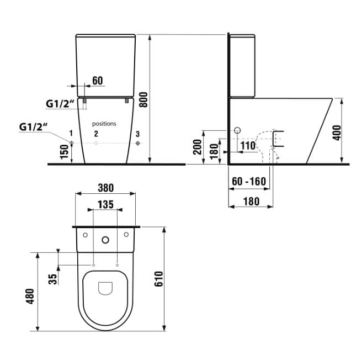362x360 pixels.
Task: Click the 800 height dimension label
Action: click(x=144, y=99)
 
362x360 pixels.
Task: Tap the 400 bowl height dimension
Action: click(x=337, y=133)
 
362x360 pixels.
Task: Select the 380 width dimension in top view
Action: click(x=106, y=188)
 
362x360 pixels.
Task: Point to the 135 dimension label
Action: click(x=105, y=204)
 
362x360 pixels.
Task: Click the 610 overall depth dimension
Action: click(x=158, y=279)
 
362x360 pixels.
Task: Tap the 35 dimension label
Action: click(x=52, y=279)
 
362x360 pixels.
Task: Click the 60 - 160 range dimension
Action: click(x=249, y=182)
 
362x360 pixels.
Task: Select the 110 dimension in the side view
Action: click(x=248, y=146)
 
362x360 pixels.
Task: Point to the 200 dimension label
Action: click(x=198, y=147)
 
